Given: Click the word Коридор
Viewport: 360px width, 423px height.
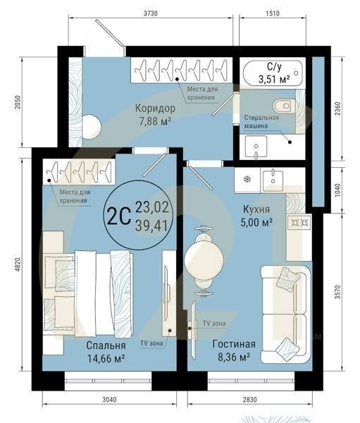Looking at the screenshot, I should pos(154,109).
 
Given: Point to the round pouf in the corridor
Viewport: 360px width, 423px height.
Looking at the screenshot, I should pos(90,128).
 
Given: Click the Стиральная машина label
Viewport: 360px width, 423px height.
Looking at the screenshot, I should pos(261,122).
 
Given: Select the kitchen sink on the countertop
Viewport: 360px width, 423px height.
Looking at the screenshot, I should pos(272,179).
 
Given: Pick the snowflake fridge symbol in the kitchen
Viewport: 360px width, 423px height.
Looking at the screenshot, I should pos(247,179).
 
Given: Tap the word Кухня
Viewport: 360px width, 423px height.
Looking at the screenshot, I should pos(259,210).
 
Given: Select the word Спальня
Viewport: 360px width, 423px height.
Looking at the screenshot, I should pos(106,346).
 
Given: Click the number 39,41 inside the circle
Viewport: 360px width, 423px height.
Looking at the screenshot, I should pos(152,224).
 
